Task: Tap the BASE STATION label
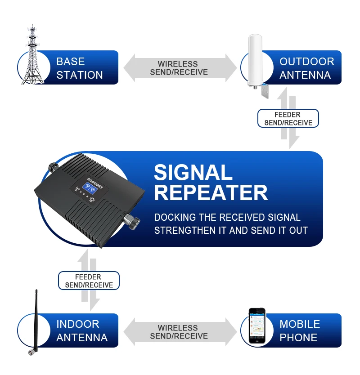(80, 68)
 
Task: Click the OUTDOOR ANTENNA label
(306, 68)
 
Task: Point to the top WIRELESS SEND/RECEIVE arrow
(179, 68)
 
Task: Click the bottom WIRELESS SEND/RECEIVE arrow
(179, 332)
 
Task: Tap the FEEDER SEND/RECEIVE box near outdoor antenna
(288, 119)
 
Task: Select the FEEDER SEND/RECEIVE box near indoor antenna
(88, 281)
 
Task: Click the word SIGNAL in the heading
(193, 173)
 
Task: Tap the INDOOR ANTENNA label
(81, 331)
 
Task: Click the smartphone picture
(257, 327)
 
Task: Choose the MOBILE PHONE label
(299, 331)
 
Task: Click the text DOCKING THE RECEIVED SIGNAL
(227, 218)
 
